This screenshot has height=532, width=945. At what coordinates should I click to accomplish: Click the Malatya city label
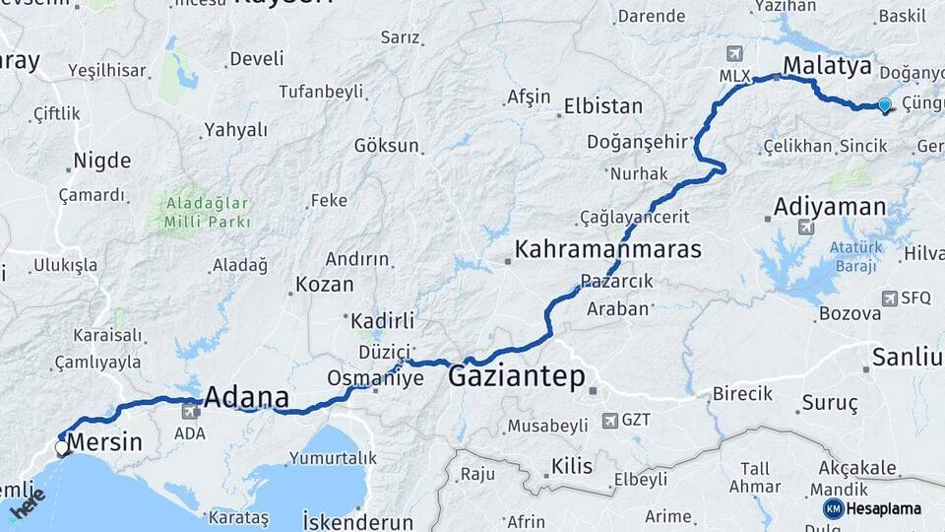827,67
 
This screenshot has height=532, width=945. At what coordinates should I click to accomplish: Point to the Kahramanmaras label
608,248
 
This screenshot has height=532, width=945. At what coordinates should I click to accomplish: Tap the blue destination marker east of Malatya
884,105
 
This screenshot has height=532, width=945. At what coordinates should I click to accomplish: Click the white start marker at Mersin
62,447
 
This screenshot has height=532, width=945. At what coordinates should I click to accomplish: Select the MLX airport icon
733,53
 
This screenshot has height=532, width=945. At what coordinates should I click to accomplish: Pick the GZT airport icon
609,420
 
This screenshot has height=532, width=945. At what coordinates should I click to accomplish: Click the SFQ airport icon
890,298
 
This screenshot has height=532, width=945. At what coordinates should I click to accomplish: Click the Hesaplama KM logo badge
834,508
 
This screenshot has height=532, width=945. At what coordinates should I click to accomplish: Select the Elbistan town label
603,106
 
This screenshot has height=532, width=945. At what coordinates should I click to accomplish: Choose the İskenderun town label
358,519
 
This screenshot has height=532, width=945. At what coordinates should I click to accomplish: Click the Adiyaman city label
830,207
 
